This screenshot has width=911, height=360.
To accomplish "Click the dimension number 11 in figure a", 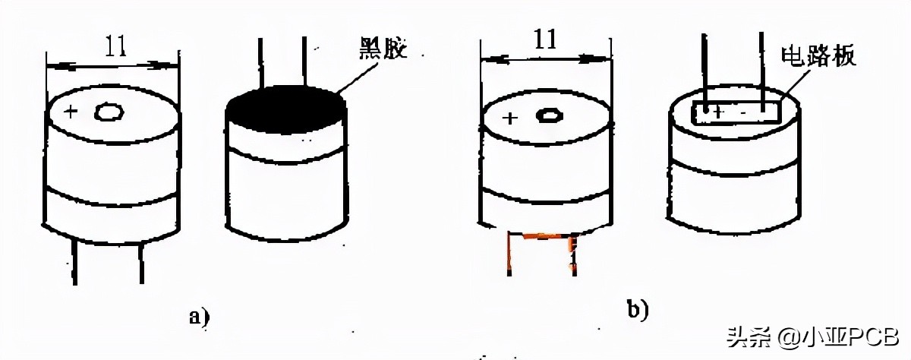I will [113, 47].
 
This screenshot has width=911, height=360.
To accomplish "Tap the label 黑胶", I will [384, 51].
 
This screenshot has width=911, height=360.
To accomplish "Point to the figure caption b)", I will [637, 308].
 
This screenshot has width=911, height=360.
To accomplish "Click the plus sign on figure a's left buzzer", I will [71, 112].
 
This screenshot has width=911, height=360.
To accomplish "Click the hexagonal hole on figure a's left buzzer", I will [109, 112].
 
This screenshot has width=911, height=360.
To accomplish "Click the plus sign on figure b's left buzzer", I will [509, 118].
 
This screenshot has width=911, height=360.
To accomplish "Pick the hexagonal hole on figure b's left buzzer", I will [549, 116].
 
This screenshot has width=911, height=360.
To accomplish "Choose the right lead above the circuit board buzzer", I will [761, 65].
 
